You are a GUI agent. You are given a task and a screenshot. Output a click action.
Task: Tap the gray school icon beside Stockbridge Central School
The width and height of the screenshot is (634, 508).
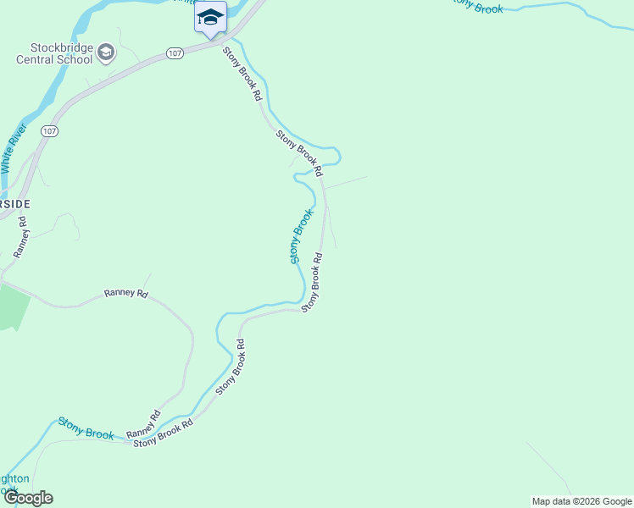point(106,53)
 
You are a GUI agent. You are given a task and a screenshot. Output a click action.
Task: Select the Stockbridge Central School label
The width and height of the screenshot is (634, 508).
point(54,53)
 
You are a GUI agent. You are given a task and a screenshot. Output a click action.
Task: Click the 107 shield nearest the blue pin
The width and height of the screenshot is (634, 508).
point(175,52)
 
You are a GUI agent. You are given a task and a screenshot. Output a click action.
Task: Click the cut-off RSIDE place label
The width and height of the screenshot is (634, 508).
point(14,204)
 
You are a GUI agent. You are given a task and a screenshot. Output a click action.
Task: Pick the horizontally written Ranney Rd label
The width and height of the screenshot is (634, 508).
point(125,293)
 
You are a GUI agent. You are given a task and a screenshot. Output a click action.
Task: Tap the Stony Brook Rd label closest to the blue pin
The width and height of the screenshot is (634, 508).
point(243,75)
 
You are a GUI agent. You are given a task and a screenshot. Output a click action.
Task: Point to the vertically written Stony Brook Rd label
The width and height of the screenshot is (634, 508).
point(312,283)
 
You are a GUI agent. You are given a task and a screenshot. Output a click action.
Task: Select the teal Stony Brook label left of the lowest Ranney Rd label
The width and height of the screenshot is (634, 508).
point(86,428)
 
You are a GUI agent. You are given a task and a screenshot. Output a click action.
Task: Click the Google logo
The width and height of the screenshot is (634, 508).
point(27,498)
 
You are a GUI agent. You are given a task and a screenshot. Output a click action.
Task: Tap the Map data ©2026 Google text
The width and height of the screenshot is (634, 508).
point(581,501)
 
